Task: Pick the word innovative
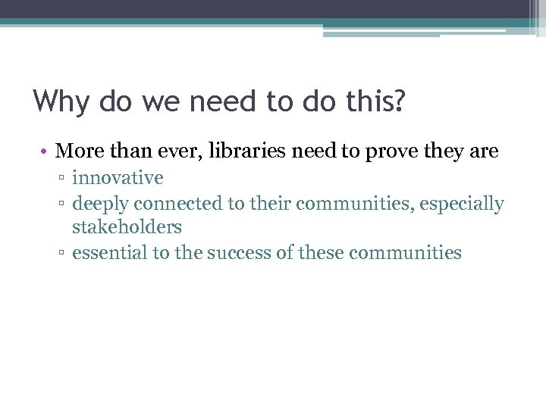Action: pyautogui.click(x=118, y=179)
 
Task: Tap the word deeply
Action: pyautogui.click(x=100, y=204)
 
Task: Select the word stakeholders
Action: pyautogui.click(x=127, y=226)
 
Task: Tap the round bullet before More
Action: pyautogui.click(x=45, y=152)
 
